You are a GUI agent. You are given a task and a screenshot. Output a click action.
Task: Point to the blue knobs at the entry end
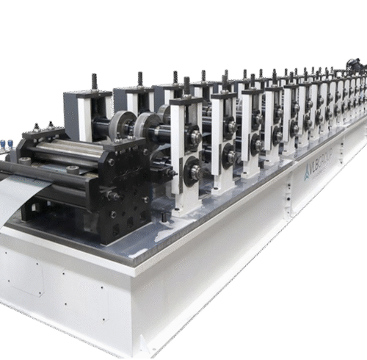coord(5,145)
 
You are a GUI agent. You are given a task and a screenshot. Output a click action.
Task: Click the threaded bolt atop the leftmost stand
coord(95,81)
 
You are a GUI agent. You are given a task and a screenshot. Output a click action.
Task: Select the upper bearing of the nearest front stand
coord(195,137)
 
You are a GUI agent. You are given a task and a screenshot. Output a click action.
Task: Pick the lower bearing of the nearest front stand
coord(195,172)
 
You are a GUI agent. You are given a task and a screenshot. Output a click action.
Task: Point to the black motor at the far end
coord(357,67)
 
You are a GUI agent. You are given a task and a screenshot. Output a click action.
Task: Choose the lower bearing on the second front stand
coord(230,156)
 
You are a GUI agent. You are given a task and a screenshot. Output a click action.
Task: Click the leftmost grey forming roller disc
coord(122,126)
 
